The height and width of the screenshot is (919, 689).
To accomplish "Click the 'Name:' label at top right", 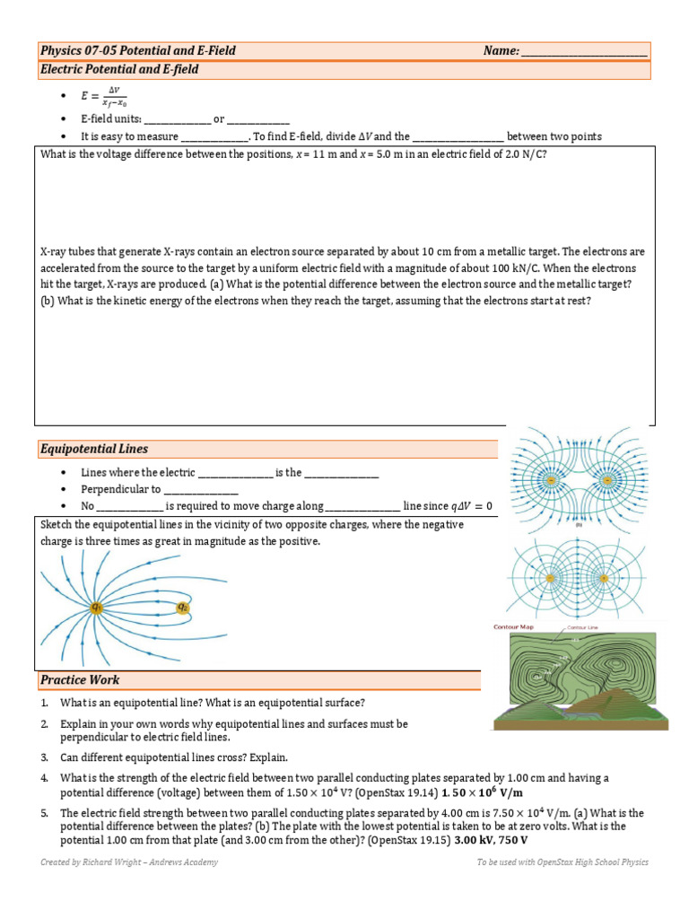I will [501, 51].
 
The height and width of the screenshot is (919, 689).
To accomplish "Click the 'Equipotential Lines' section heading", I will [94, 449].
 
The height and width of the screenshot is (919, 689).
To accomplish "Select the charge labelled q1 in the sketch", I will [96, 608].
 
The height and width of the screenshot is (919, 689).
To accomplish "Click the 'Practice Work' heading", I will [80, 680].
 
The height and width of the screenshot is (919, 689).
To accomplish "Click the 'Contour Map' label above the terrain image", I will [515, 627].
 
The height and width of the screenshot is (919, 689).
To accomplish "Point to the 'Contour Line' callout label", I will [580, 628].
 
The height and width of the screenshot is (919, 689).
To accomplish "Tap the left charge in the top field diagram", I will [538, 479].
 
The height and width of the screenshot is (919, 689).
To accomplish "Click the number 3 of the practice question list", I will [44, 757].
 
